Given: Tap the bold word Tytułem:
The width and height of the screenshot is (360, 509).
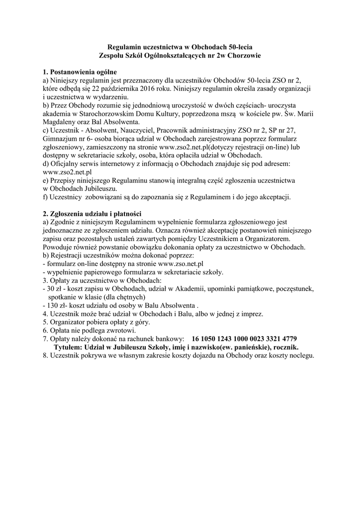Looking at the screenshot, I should point(70,347).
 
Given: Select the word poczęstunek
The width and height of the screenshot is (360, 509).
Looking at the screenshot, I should point(291,289).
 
